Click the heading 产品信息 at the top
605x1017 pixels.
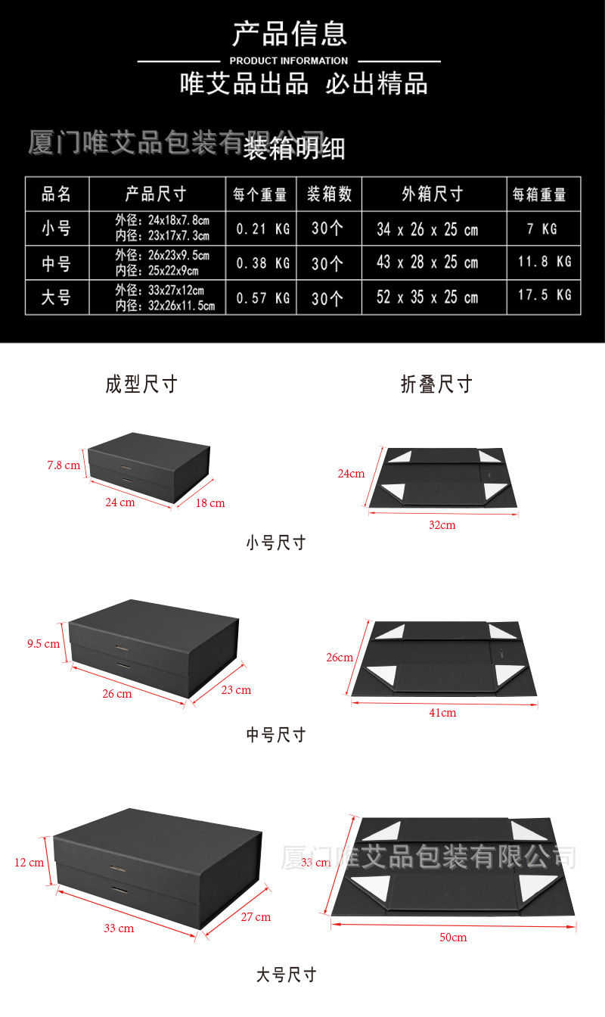click(289, 34)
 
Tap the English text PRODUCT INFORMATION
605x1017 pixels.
click(289, 61)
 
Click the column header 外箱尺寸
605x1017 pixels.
click(433, 194)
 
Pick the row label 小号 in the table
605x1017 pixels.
click(57, 228)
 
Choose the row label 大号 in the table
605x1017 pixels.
click(57, 297)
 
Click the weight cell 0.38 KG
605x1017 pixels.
click(262, 263)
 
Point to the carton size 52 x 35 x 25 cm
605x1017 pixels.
click(427, 297)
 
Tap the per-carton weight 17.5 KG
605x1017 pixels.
click(544, 295)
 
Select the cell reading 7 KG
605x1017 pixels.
click(542, 229)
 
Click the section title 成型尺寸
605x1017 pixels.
click(141, 384)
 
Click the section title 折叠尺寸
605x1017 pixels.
click(436, 384)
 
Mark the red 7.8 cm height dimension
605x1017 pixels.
click(64, 465)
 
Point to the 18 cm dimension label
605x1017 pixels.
click(211, 503)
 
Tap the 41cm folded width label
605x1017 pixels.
click(443, 713)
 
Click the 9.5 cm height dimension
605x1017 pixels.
click(43, 644)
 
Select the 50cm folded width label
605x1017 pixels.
click(453, 938)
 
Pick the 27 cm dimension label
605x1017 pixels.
click(256, 917)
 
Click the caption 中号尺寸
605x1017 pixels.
click(276, 735)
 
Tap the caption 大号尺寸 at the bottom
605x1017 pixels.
click(286, 975)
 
